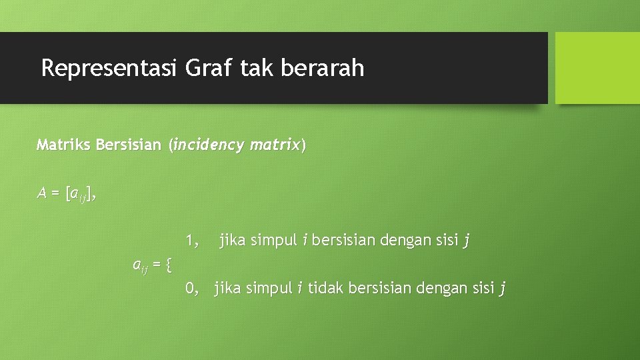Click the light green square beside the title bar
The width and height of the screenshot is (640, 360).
(597, 68)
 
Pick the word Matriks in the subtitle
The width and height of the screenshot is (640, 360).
(64, 145)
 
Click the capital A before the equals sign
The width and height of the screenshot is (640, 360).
(42, 193)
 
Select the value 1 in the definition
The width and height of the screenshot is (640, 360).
(190, 240)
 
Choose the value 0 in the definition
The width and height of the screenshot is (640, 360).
(190, 288)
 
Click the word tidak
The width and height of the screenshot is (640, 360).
(323, 288)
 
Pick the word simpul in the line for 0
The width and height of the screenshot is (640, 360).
(269, 289)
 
